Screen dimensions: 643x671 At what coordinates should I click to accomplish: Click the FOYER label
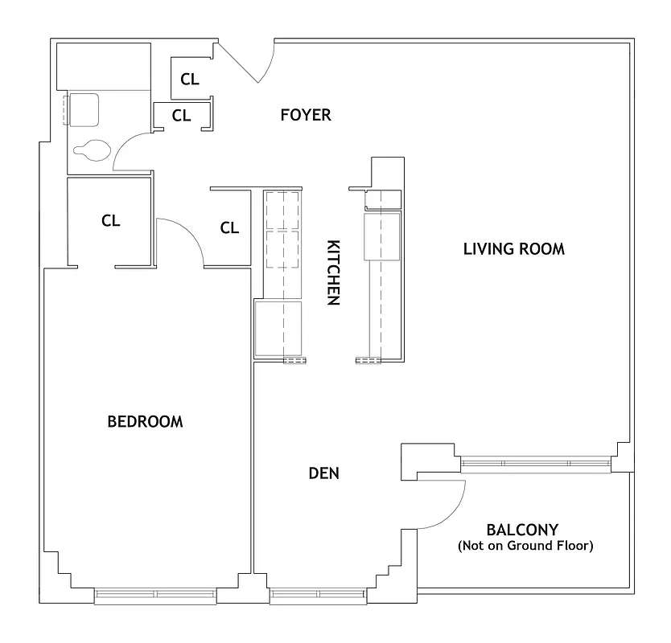pos(305,115)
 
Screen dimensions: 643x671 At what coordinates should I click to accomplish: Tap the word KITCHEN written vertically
pos(332,272)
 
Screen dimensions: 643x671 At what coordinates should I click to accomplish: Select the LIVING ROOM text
pos(513,249)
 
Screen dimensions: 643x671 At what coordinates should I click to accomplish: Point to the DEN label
pos(323,473)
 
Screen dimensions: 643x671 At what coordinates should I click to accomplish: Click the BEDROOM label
pos(145,421)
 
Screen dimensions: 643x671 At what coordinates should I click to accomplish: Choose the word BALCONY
pos(523,530)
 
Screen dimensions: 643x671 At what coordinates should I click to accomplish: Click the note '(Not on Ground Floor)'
pos(525,547)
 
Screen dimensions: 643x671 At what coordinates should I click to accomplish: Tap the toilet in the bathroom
pos(90,149)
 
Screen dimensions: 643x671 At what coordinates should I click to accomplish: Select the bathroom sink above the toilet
pos(83,109)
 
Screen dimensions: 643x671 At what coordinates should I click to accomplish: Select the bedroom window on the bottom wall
pos(155,596)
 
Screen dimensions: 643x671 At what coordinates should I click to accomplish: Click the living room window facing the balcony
pos(535,464)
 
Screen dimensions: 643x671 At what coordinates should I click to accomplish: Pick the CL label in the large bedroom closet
pos(111,221)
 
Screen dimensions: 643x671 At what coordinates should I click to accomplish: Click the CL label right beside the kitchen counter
pos(229,228)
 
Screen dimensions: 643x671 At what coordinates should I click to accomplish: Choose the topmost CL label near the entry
pos(190,79)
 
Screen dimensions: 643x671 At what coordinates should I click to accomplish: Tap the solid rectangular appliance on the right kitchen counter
pos(381,235)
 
